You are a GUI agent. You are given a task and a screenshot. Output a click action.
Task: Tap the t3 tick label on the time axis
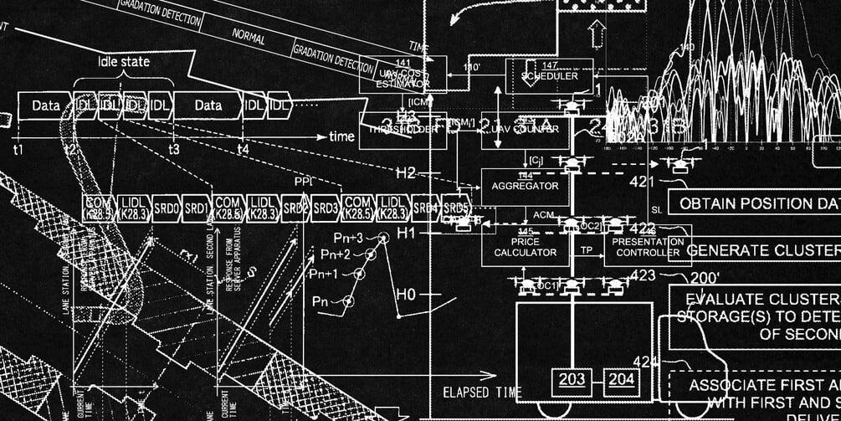(x=173, y=150)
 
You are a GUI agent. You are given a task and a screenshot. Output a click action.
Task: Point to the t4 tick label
(x=243, y=150)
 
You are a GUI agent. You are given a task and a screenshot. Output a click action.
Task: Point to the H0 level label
(x=405, y=295)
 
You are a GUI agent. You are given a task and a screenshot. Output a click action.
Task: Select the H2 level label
(x=405, y=173)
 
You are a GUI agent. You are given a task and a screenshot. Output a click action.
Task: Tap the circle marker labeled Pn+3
(x=384, y=239)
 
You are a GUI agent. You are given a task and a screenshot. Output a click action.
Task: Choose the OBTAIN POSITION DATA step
(x=757, y=203)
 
